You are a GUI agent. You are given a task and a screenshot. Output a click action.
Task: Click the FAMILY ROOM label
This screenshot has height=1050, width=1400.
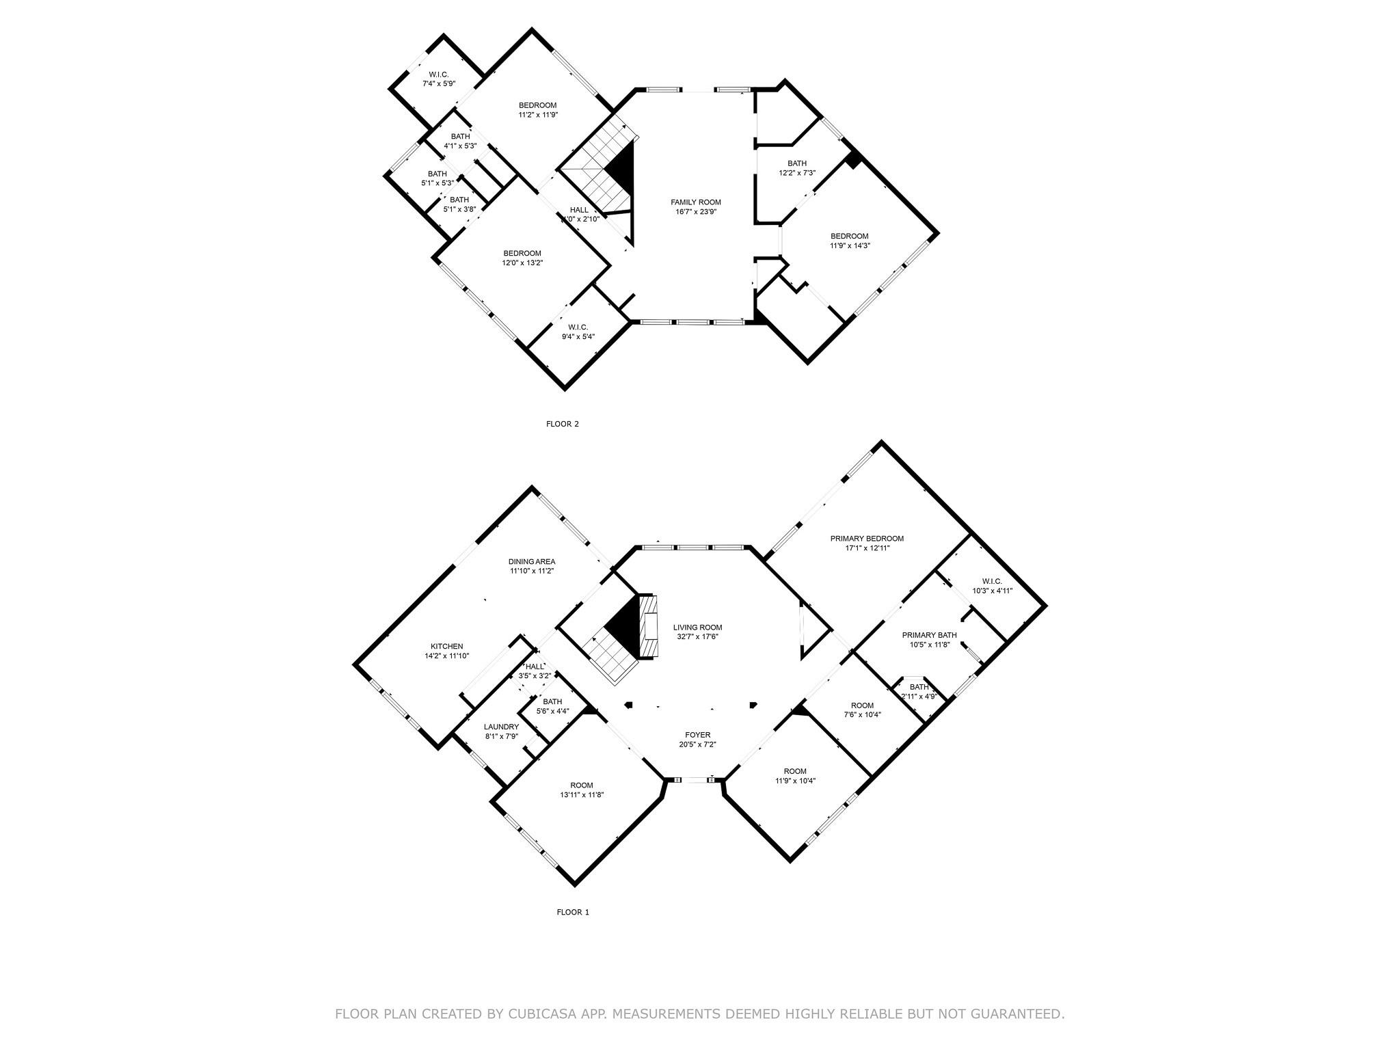pos(695,202)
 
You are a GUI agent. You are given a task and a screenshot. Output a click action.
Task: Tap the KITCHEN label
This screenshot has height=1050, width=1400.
pos(446,646)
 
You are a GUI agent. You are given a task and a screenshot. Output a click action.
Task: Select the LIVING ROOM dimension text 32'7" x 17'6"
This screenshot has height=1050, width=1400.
pos(697,636)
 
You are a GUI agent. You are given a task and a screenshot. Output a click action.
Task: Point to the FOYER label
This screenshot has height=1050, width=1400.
pos(697,735)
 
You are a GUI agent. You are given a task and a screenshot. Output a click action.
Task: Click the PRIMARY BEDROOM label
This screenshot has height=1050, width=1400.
pos(867,538)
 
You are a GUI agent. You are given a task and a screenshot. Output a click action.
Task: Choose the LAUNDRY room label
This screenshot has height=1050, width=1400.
pos(501,727)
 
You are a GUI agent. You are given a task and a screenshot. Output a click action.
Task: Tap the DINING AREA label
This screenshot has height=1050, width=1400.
pos(531,561)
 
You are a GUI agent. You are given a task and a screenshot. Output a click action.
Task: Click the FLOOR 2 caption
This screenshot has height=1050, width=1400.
pos(562,424)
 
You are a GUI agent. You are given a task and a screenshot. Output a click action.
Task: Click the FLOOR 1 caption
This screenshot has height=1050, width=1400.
pos(572,912)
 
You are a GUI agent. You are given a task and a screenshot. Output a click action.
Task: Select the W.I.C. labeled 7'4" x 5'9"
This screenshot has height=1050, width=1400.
pos(438,75)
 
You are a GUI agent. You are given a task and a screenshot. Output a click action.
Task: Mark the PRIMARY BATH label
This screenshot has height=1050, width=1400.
pos(929,635)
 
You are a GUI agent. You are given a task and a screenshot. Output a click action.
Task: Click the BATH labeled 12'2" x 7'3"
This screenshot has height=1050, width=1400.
pos(796,163)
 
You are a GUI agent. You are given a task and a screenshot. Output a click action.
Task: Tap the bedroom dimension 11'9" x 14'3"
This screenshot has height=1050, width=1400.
pos(850,245)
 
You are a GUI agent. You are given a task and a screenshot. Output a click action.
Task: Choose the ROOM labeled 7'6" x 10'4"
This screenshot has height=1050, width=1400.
pos(862,705)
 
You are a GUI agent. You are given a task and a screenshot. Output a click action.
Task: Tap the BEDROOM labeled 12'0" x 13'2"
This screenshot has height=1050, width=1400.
pos(522,253)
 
